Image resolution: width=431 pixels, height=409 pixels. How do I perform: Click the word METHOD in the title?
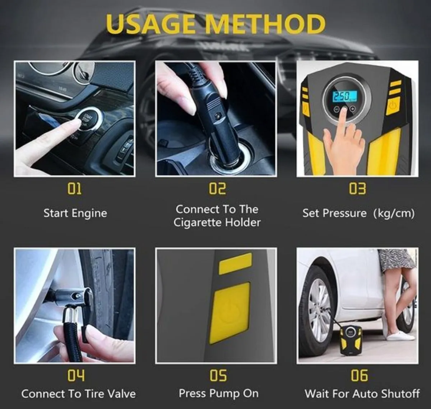click(x=266, y=24)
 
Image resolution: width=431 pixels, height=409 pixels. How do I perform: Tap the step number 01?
click(x=75, y=189)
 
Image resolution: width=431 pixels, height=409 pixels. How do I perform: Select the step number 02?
click(x=217, y=189)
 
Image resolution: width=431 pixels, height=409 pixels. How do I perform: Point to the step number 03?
click(x=357, y=189)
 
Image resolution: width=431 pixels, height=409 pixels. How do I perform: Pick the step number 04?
click(x=76, y=376)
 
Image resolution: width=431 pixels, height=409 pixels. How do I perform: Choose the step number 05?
click(x=218, y=376)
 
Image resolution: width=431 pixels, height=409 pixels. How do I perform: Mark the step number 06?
click(x=359, y=376)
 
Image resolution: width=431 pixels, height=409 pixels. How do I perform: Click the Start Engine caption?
click(x=75, y=213)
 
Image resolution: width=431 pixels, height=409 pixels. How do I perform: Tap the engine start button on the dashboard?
click(x=87, y=117)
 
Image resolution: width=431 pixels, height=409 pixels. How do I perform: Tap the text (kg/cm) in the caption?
click(x=394, y=213)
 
